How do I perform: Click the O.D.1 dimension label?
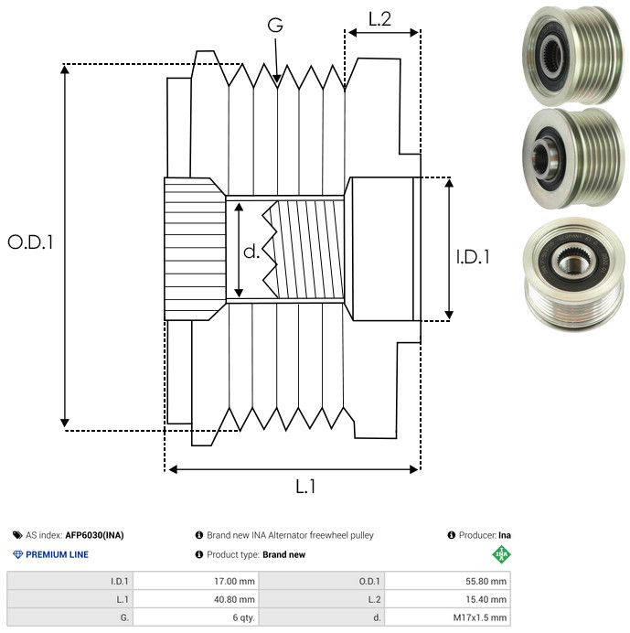click(31, 242)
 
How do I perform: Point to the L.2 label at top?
click(380, 18)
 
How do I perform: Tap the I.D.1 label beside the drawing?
click(473, 257)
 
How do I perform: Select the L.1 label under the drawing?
click(304, 487)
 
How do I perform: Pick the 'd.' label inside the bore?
click(251, 252)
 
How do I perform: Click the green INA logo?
click(501, 554)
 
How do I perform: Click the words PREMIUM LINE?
click(57, 554)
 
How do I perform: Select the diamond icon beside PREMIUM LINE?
click(17, 554)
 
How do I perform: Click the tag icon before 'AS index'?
click(17, 535)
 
